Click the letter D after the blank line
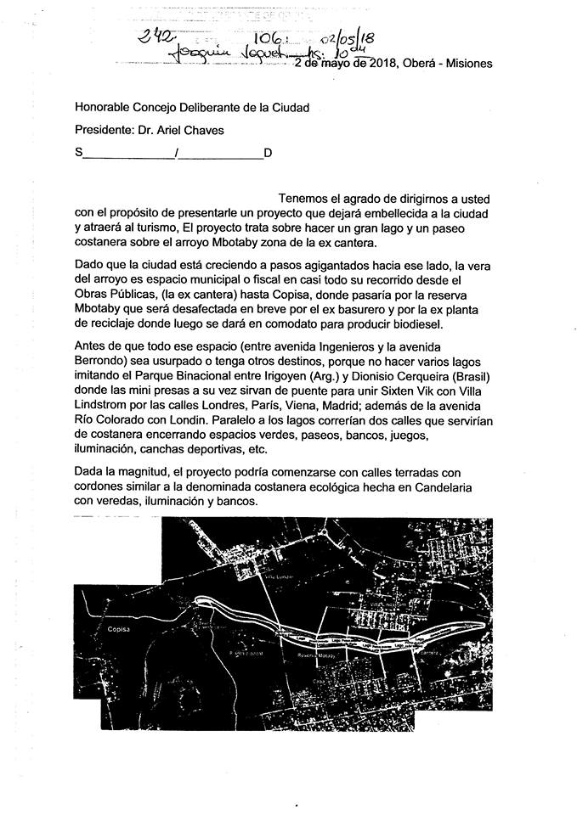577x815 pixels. pyautogui.click(x=268, y=154)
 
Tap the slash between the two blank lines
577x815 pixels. pyautogui.click(x=174, y=154)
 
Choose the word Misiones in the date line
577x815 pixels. pyautogui.click(x=467, y=64)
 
